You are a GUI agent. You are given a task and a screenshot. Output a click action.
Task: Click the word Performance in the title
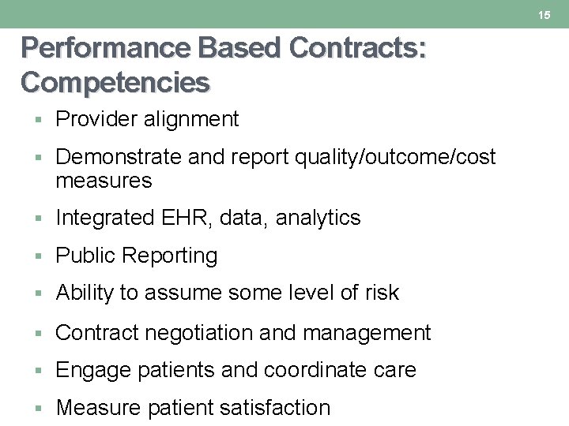coord(107,49)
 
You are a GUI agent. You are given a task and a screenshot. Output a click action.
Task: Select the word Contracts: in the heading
coord(358,49)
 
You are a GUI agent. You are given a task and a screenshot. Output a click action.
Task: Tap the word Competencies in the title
coord(115,81)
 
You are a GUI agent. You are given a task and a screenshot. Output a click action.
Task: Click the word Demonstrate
coord(119,157)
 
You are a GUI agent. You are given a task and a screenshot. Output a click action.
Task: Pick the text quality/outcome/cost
coord(395,157)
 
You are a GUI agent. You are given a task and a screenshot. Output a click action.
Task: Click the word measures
coord(104,181)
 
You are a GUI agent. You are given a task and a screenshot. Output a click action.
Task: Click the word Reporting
coord(173,256)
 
